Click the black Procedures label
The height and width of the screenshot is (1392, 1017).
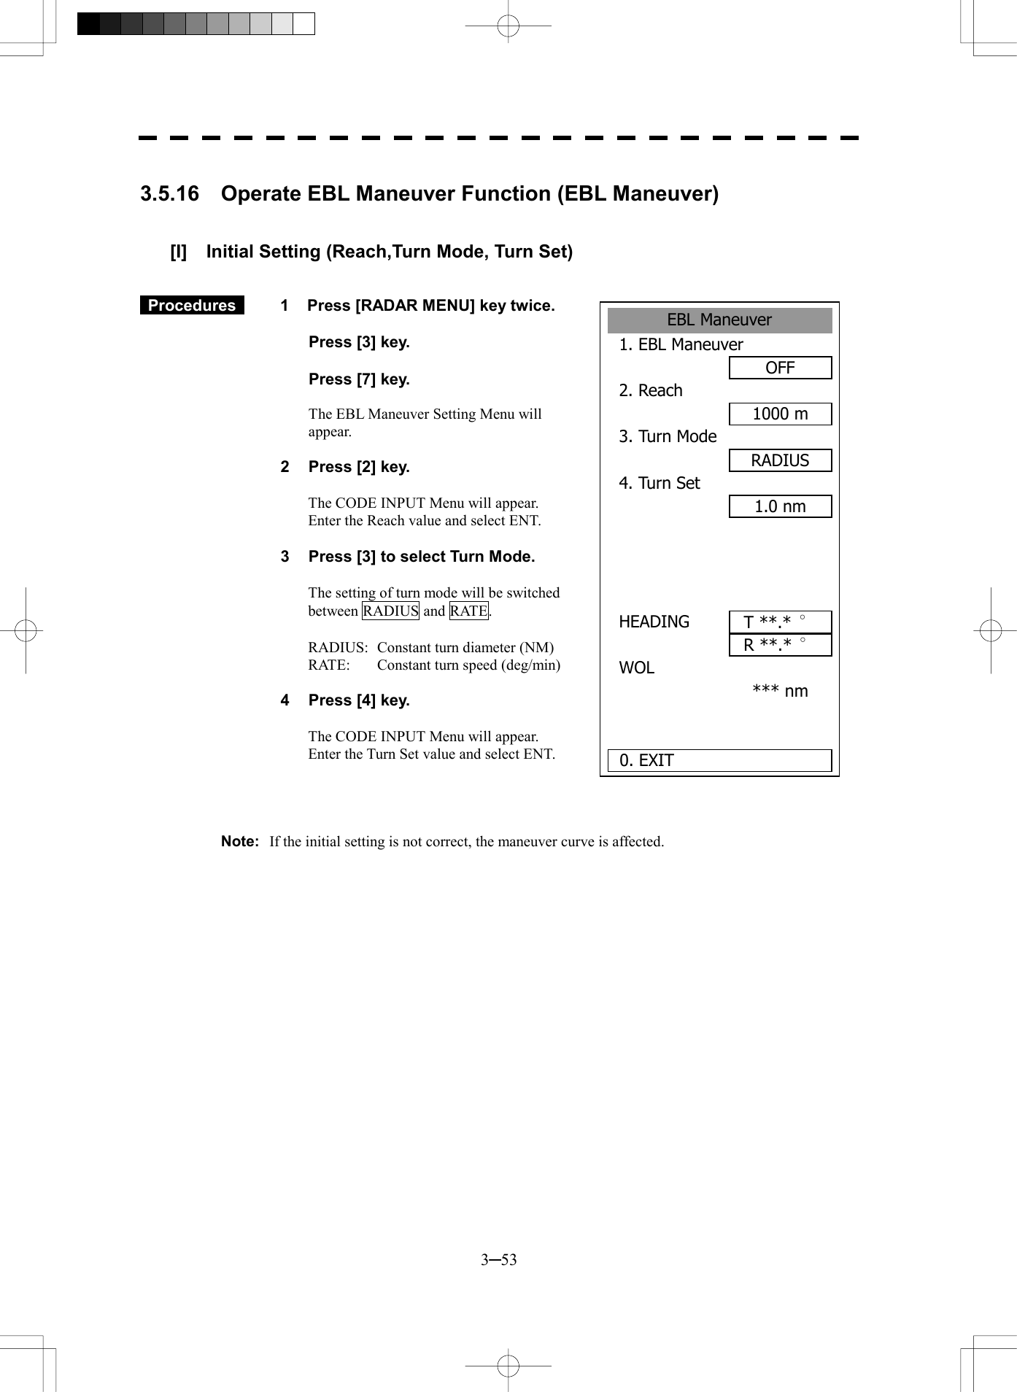coord(192,306)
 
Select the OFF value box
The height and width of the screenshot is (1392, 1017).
coord(780,368)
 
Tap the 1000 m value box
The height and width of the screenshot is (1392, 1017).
coord(780,414)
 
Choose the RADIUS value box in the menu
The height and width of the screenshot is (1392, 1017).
coord(780,460)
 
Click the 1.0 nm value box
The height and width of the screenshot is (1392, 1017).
coord(780,506)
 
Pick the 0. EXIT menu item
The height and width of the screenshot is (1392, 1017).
coord(719,760)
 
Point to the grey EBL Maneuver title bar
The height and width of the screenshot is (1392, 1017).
coord(719,320)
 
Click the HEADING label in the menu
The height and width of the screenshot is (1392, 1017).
coord(654,622)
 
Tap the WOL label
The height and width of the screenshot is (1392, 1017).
coord(636,668)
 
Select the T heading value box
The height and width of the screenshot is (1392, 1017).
coord(780,622)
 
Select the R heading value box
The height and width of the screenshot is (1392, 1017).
coord(780,645)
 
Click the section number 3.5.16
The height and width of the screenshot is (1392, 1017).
coord(169,194)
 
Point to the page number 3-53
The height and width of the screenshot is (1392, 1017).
coord(499,1260)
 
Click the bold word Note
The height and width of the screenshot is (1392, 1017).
coord(239,841)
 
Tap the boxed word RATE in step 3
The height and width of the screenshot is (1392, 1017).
coord(468,611)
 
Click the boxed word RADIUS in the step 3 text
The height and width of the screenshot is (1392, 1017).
coord(390,611)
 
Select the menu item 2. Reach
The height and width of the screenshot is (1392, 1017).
coord(651,390)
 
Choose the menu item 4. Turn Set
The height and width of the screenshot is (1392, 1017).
coord(660,483)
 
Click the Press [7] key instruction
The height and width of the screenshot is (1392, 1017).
coord(359,379)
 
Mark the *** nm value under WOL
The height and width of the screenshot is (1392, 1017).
coord(780,691)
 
